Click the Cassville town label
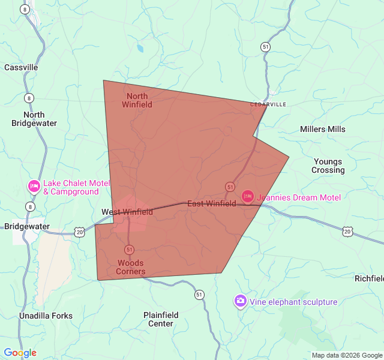21,67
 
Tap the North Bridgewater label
34,119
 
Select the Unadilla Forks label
46,316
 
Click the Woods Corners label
131,267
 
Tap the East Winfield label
211,204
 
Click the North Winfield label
137,100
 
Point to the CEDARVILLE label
268,104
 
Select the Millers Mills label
323,129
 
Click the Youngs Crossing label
328,166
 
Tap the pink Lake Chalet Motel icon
34,187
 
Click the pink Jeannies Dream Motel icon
248,196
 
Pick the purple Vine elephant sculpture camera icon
240,301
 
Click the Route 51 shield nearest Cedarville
265,47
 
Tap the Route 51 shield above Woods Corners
129,249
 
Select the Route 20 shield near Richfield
347,231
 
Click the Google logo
20,353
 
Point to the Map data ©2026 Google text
347,355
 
